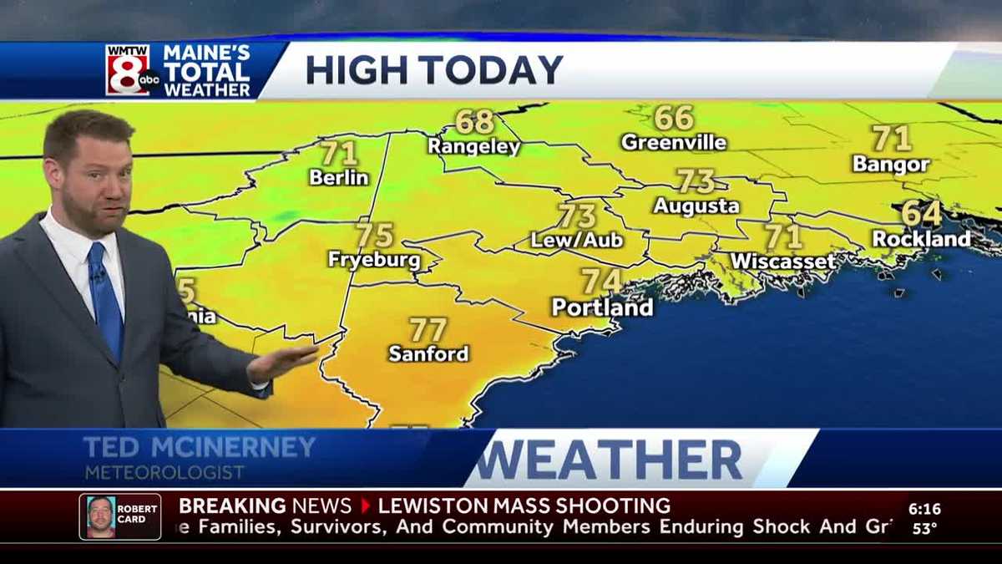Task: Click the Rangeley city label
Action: click(473, 147)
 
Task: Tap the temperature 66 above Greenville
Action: click(674, 118)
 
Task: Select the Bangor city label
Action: click(891, 165)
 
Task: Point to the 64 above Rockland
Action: click(921, 214)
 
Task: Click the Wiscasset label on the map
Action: click(783, 262)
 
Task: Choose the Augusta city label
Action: click(696, 206)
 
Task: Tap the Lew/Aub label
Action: click(577, 240)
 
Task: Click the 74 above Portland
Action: click(602, 282)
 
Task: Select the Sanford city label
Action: click(428, 353)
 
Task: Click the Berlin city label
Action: click(339, 177)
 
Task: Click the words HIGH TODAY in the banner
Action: click(434, 70)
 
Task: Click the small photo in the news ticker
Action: click(101, 516)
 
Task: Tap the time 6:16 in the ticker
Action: click(924, 508)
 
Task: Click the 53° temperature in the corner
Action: click(924, 528)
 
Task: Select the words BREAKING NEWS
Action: click(265, 506)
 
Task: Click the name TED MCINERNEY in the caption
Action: click(200, 447)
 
